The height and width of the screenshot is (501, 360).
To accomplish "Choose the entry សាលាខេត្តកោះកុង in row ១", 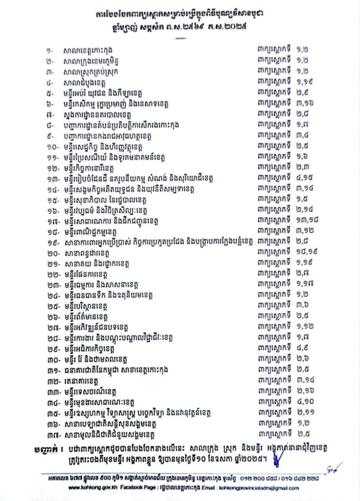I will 91,50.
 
